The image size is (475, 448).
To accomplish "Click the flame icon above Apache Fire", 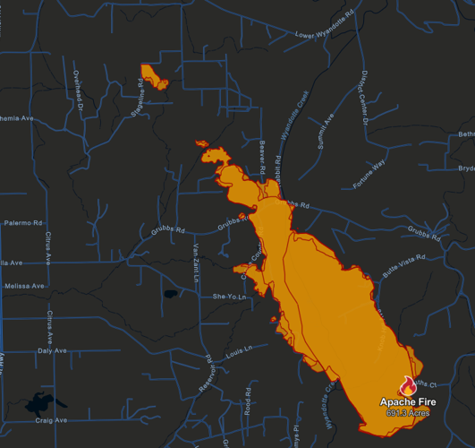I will coord(408,386).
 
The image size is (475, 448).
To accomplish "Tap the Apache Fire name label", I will coord(408,402).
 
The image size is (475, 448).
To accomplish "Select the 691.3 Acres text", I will coord(408,413).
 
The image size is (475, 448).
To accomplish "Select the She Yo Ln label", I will coord(228,296).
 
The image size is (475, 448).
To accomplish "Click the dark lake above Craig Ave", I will coord(39,401).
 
